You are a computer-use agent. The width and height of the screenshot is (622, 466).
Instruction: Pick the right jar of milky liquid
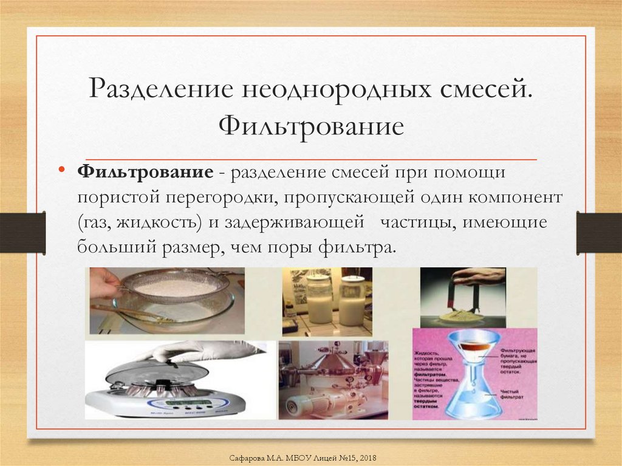(352, 301)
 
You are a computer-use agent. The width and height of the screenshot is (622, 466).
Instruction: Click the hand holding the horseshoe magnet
(480, 276)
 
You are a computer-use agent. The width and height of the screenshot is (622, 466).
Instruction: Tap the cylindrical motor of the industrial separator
(310, 402)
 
